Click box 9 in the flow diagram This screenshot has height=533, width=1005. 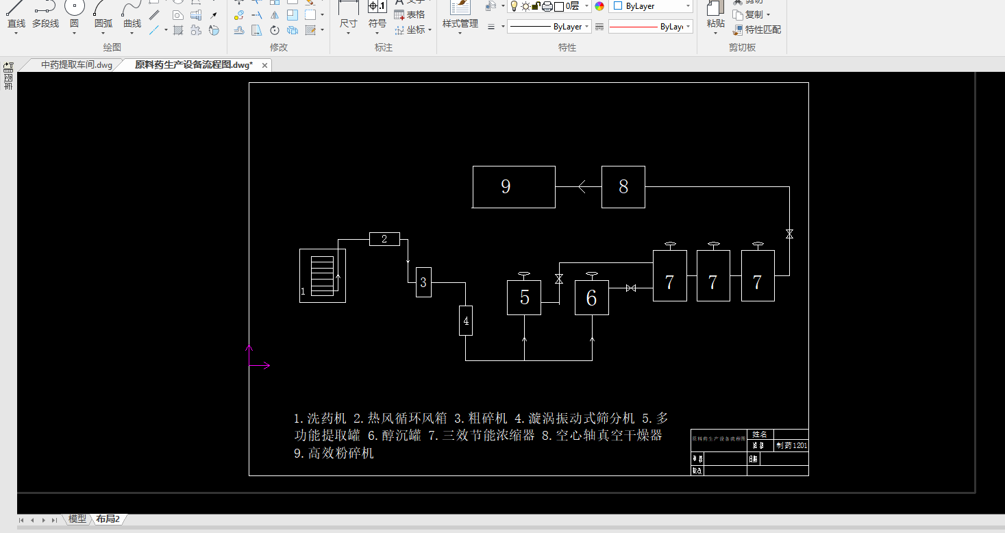click(514, 186)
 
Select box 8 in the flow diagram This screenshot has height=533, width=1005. click(623, 186)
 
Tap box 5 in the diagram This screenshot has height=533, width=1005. click(524, 297)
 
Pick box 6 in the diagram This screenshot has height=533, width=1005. click(592, 298)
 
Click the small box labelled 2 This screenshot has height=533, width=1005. click(384, 239)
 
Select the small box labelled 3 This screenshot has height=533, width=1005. click(423, 282)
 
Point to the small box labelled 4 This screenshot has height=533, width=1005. click(466, 321)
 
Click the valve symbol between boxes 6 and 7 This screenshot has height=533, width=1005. click(631, 288)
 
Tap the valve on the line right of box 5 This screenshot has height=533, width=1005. click(559, 279)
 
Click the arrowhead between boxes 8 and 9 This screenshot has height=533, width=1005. click(582, 186)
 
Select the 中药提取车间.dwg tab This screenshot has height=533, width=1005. click(76, 65)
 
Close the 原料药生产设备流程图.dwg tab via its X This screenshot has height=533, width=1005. click(264, 65)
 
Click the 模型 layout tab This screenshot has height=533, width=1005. click(77, 519)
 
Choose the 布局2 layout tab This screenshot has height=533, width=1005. click(108, 519)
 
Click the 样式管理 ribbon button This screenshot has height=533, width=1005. click(460, 16)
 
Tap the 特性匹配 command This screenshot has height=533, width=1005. click(757, 29)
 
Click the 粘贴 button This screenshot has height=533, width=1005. click(715, 16)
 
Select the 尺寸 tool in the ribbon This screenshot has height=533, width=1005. click(348, 16)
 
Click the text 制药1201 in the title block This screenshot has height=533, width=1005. click(791, 445)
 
